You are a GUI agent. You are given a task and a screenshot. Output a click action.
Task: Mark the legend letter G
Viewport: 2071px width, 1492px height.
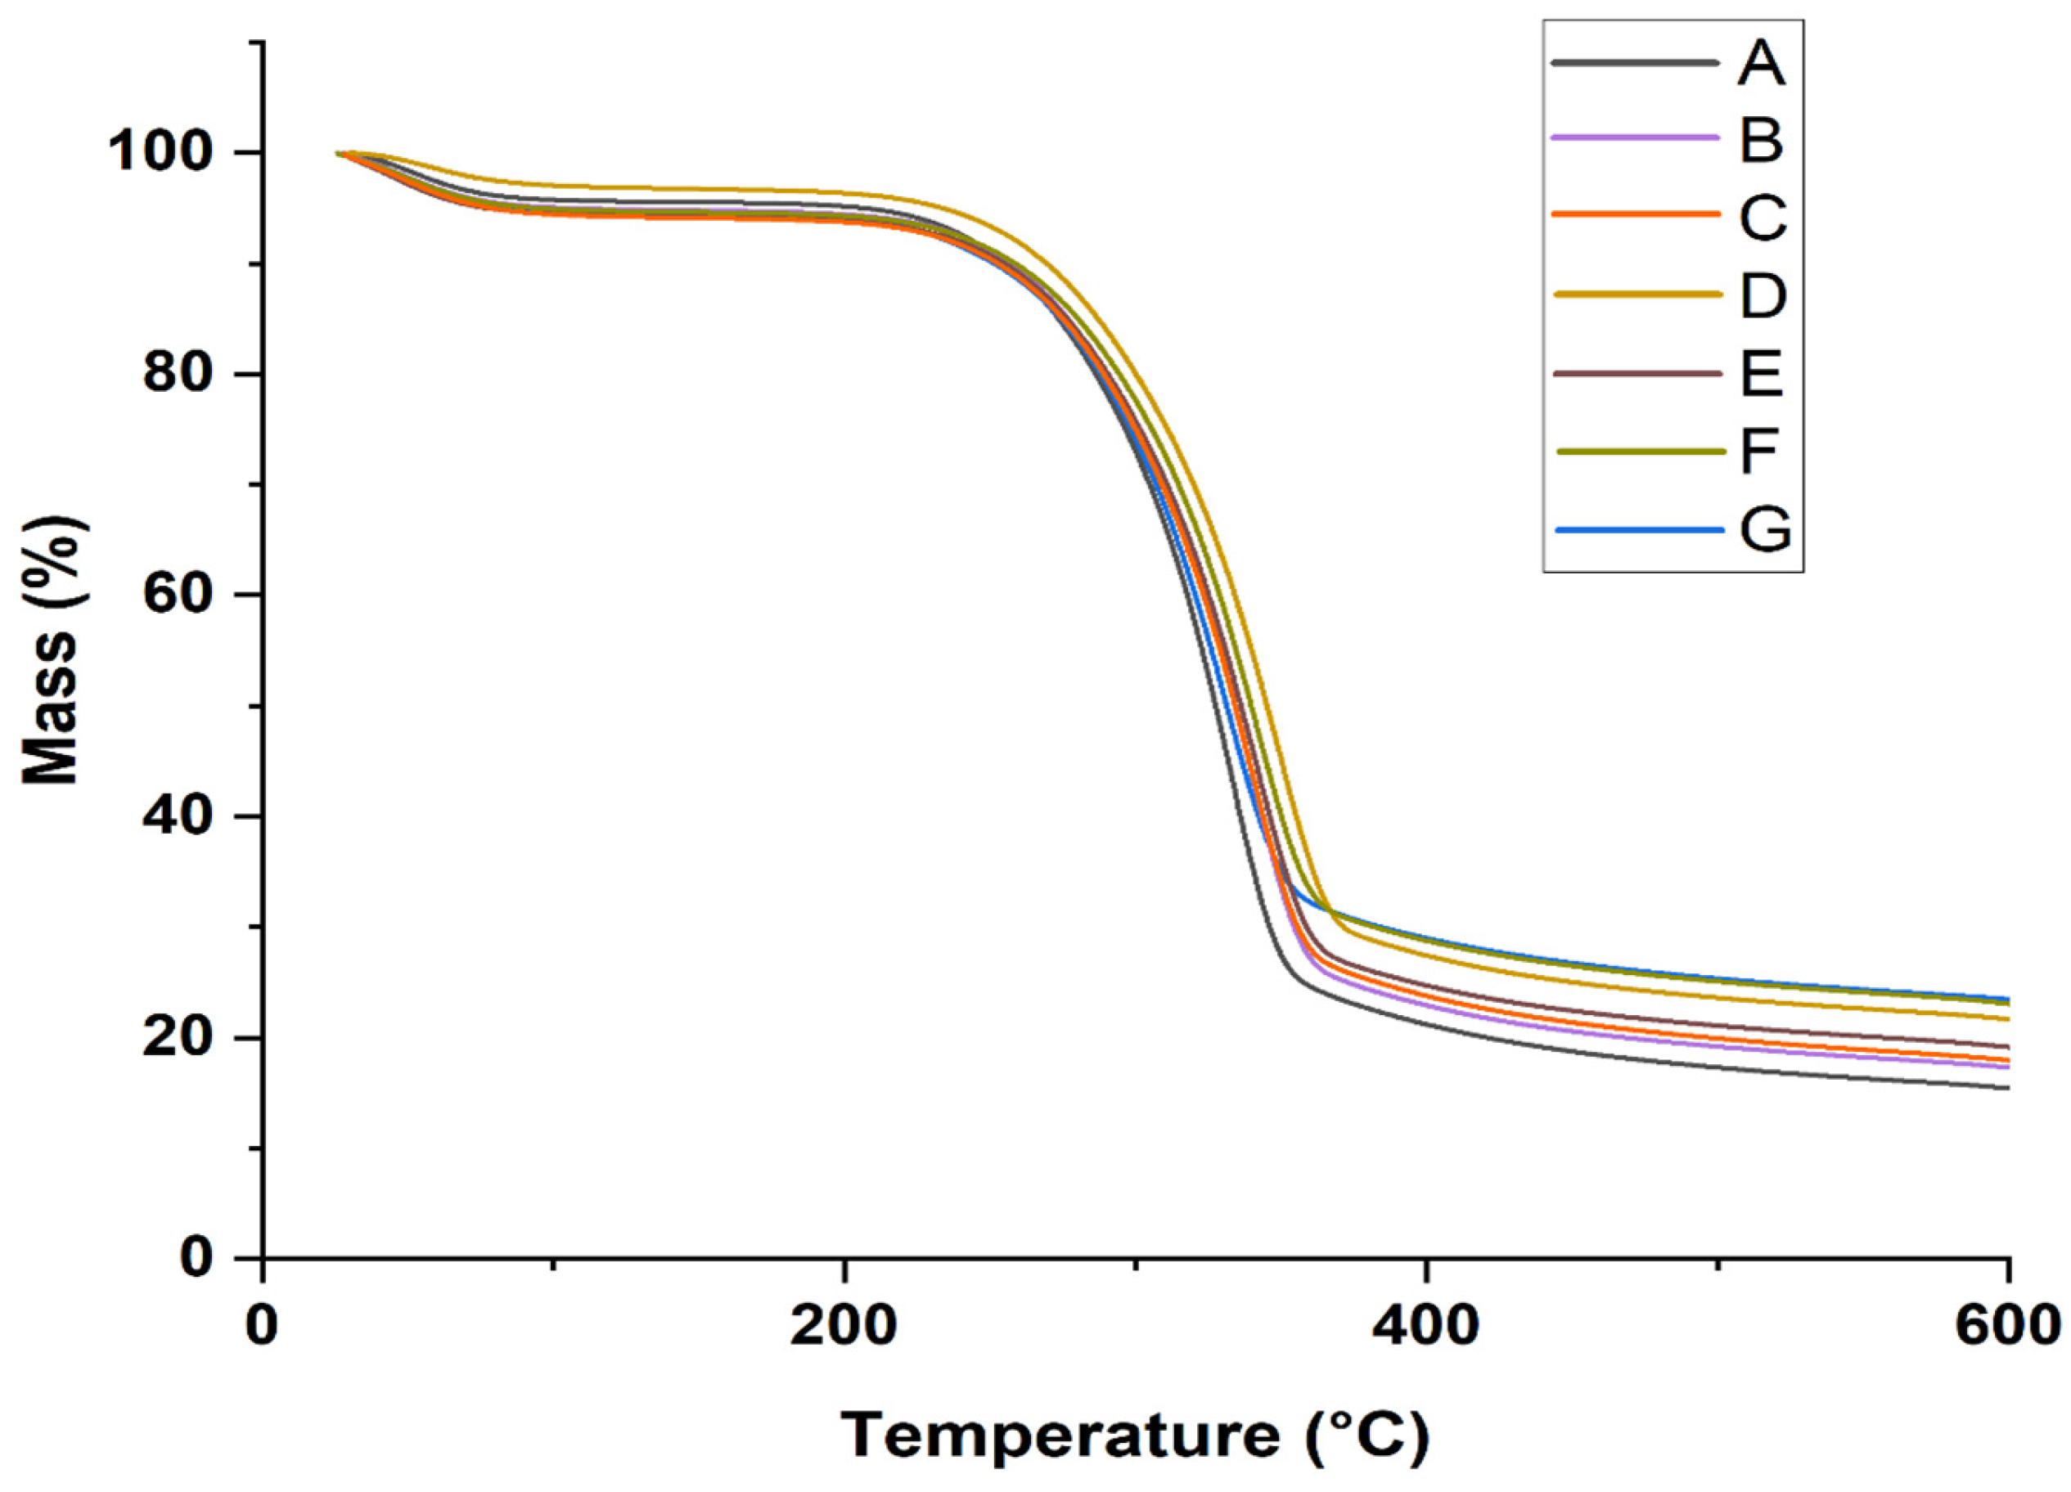(x=1764, y=528)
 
